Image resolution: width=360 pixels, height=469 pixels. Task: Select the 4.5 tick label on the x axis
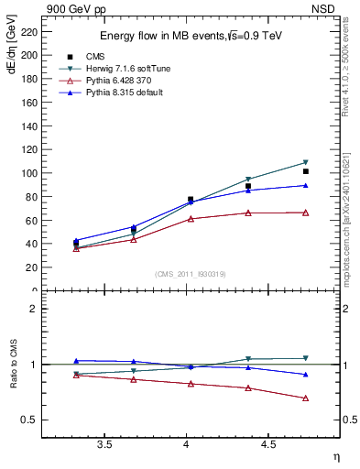[x=267, y=445]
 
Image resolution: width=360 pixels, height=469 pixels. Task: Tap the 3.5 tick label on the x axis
[x=104, y=445]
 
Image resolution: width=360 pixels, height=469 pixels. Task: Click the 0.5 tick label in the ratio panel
[x=29, y=420]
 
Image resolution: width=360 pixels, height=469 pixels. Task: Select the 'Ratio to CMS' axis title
[x=12, y=364]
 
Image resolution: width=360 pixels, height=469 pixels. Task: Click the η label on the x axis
[x=335, y=455]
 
